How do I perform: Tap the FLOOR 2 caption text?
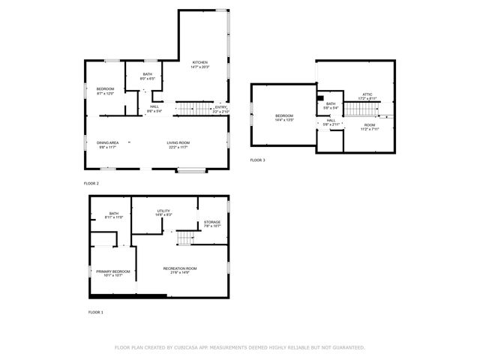91,183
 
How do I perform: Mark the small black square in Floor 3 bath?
320,97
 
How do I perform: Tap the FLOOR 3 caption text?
257,160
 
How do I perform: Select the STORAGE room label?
212,223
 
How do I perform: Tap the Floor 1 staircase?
185,238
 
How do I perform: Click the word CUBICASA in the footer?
190,347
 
